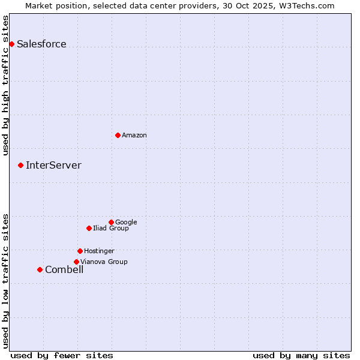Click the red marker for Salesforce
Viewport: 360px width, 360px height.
pyautogui.click(x=11, y=44)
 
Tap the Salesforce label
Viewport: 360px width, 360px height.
pyautogui.click(x=41, y=44)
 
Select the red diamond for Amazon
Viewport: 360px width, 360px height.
pyautogui.click(x=118, y=135)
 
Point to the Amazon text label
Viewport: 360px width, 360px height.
pyautogui.click(x=134, y=136)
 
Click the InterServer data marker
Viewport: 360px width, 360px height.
pyautogui.click(x=20, y=165)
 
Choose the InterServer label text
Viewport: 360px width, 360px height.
pyautogui.click(x=53, y=166)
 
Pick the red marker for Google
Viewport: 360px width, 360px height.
pyautogui.click(x=111, y=222)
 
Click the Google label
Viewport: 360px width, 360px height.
pyautogui.click(x=126, y=223)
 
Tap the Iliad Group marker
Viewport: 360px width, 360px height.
pyautogui.click(x=89, y=228)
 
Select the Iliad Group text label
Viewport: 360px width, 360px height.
pyautogui.click(x=111, y=229)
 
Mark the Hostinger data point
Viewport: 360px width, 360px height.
pyautogui.click(x=80, y=251)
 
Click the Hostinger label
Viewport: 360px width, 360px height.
pyautogui.click(x=99, y=251)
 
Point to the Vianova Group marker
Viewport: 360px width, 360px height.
pyautogui.click(x=76, y=262)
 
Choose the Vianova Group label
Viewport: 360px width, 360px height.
pyautogui.click(x=104, y=262)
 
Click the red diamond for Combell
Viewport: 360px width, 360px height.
pyautogui.click(x=40, y=269)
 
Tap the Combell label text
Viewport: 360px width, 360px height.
pyautogui.click(x=64, y=270)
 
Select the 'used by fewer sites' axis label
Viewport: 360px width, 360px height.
pyautogui.click(x=62, y=355)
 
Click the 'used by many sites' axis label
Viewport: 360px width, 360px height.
pyautogui.click(x=301, y=355)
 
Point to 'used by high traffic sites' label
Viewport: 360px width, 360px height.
pyautogui.click(x=6, y=85)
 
